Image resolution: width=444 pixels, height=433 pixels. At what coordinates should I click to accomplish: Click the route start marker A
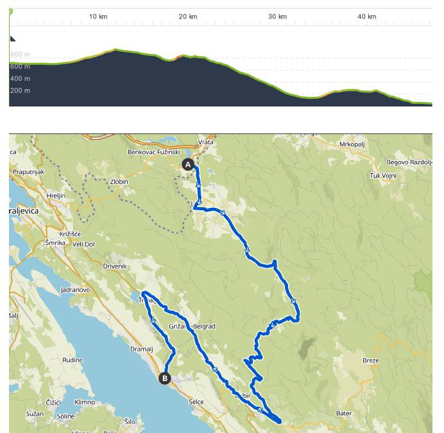tap(188, 164)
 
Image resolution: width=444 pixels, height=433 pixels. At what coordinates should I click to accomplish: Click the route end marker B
tap(165, 378)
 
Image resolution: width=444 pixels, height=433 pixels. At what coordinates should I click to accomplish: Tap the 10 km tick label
tap(98, 17)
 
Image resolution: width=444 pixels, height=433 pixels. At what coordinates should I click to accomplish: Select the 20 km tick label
tap(188, 17)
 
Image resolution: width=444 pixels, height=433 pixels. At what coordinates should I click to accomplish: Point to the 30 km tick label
tap(277, 17)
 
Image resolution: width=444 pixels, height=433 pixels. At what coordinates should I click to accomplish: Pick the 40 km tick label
tap(367, 17)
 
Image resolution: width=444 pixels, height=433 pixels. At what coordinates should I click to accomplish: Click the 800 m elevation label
tap(20, 55)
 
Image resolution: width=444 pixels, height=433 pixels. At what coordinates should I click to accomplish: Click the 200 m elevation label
tap(20, 90)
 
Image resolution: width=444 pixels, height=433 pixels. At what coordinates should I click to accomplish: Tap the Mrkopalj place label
tap(352, 144)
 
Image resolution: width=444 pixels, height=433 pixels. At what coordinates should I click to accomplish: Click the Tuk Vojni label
tap(383, 176)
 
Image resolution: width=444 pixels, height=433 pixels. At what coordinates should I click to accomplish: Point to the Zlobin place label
tap(119, 182)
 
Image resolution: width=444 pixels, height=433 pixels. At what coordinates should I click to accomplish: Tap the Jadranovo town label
tap(75, 290)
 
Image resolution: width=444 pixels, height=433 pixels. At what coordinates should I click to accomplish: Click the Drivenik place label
tap(115, 266)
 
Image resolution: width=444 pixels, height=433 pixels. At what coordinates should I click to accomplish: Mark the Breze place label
tap(371, 361)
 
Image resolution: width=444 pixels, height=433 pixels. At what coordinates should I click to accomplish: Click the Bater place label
tap(345, 414)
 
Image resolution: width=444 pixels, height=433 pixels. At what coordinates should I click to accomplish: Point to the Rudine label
tap(73, 360)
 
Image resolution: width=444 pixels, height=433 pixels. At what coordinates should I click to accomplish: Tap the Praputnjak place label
tap(28, 172)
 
